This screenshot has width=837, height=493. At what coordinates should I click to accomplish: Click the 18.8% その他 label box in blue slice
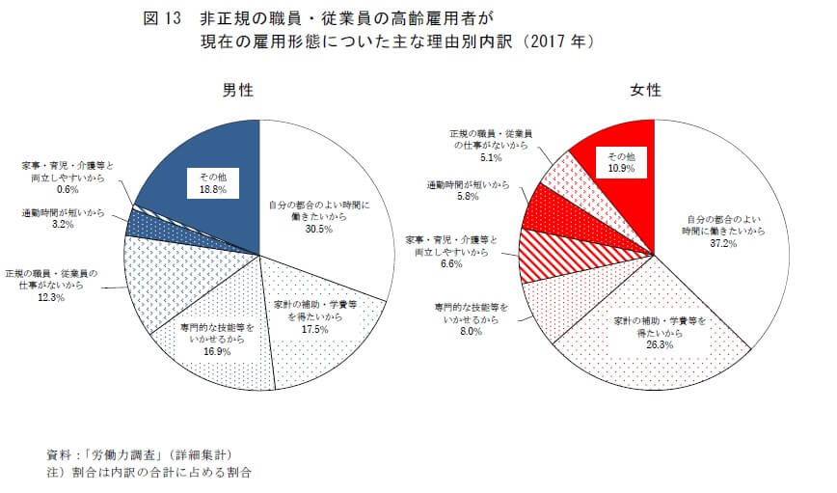[x=212, y=190]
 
